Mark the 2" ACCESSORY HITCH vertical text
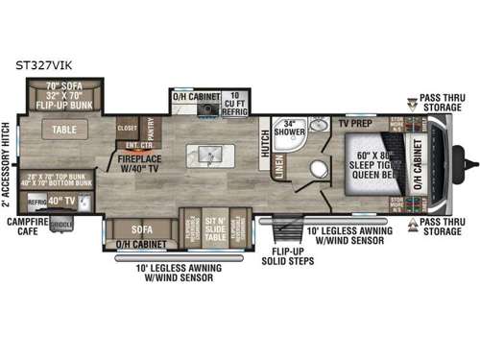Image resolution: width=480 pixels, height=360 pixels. (7, 164)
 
